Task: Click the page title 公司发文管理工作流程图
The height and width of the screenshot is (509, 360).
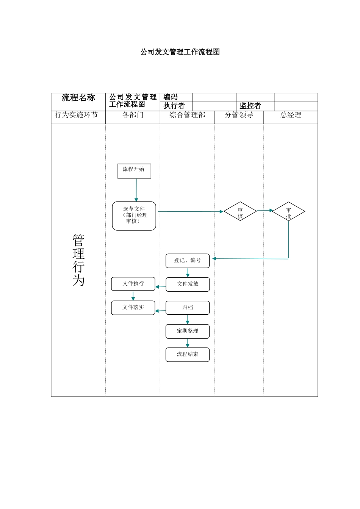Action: [x=180, y=52]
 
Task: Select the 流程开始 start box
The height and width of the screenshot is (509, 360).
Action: [x=134, y=171]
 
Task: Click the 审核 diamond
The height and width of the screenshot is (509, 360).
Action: [x=240, y=211]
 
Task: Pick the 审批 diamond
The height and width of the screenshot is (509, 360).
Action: [x=288, y=211]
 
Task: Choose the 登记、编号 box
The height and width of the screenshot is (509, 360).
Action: [x=188, y=261]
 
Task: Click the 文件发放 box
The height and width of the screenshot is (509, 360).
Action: [x=188, y=284]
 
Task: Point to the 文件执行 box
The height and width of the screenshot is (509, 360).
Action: [x=133, y=284]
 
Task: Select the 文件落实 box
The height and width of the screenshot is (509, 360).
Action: [x=133, y=308]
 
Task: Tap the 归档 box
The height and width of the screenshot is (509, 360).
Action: [x=188, y=308]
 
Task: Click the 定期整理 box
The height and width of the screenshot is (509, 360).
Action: [x=188, y=331]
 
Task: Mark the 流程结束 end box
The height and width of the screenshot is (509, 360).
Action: [x=188, y=354]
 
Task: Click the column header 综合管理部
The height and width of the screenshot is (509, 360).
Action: [x=187, y=115]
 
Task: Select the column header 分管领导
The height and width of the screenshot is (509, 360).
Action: [x=239, y=115]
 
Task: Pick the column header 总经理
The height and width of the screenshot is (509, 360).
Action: [x=291, y=115]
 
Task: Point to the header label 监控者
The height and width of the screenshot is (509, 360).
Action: [x=250, y=106]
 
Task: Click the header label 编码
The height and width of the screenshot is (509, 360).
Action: [x=171, y=97]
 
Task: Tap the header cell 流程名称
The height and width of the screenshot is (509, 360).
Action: [x=78, y=98]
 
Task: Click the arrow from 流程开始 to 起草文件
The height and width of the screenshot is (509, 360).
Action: [x=136, y=190]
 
